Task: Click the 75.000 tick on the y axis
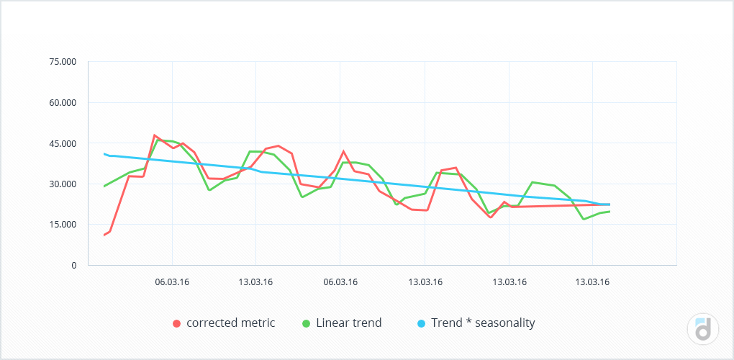point(62,62)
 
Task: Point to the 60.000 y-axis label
point(62,102)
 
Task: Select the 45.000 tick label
point(62,143)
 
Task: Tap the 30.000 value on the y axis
point(62,184)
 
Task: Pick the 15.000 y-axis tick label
point(62,224)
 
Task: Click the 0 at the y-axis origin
point(73,265)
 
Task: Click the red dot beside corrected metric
point(176,323)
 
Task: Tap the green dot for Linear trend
point(306,323)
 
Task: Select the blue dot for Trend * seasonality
point(421,323)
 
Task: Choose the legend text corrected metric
point(230,323)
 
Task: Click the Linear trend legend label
point(348,323)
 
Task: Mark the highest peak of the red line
point(154,135)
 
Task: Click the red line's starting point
point(104,235)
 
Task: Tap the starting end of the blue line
point(104,153)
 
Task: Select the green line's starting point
point(104,186)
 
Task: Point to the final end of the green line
point(610,211)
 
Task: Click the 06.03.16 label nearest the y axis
point(173,282)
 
